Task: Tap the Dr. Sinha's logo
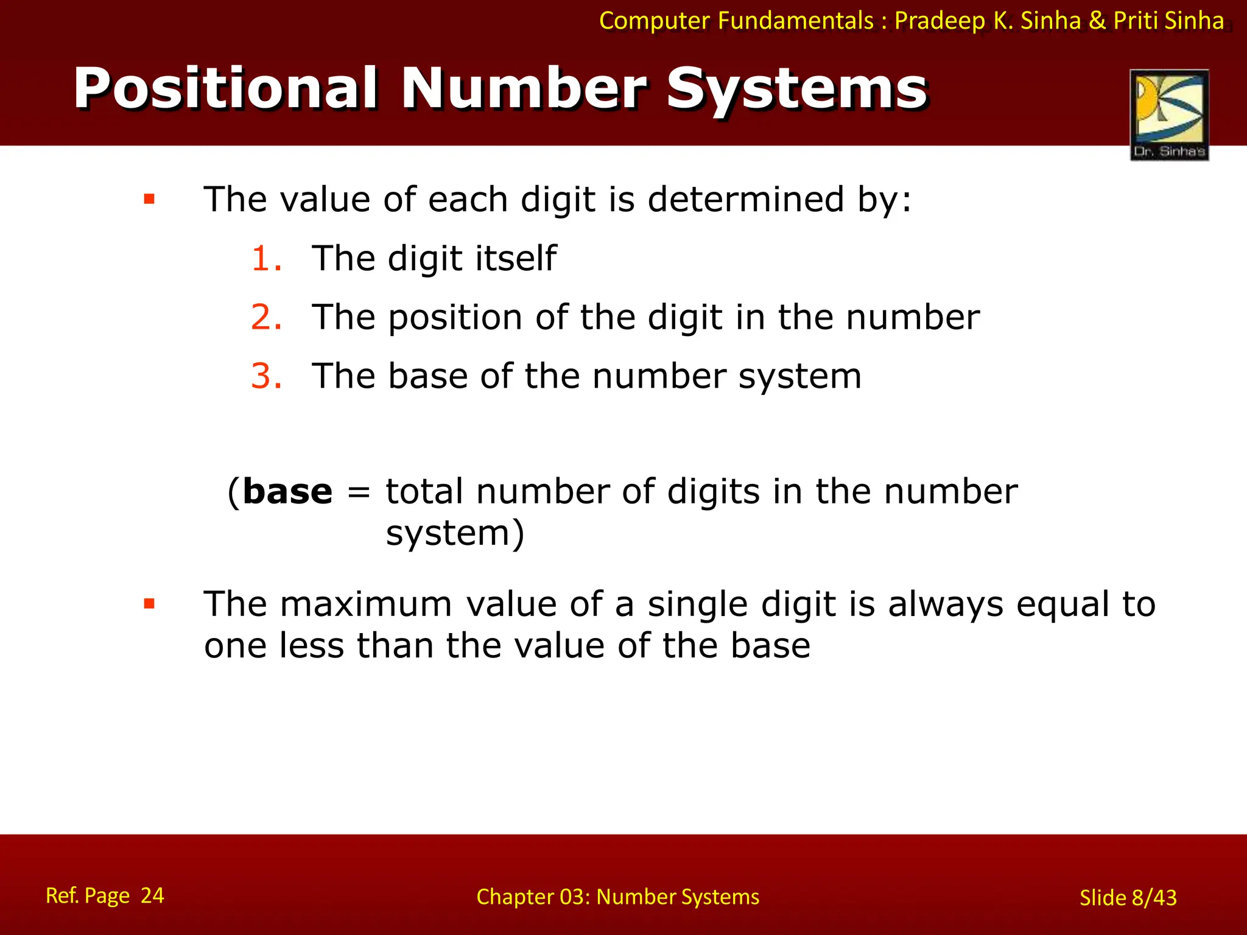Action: (x=1169, y=114)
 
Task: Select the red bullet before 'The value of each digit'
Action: (x=149, y=199)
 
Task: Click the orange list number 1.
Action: (x=266, y=258)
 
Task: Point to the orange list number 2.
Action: (x=266, y=317)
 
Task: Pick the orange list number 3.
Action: (x=266, y=376)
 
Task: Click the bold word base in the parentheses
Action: (x=287, y=492)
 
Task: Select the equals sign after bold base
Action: (x=359, y=492)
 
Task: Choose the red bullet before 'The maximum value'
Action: (x=149, y=604)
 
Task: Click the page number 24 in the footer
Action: (x=152, y=895)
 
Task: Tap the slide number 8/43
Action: (x=1154, y=898)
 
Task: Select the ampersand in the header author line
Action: (x=1097, y=21)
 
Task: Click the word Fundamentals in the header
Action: (x=796, y=21)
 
